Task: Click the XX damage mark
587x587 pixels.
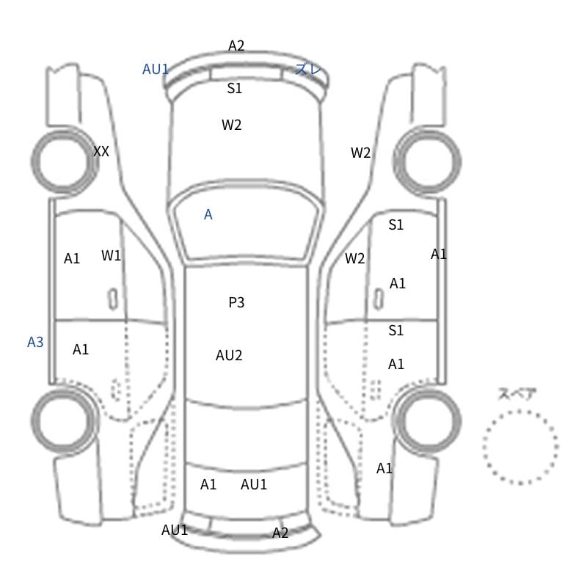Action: point(101,151)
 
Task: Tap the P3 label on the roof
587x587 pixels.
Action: point(236,302)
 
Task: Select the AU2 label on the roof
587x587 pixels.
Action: point(229,355)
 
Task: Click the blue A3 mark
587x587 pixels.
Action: point(35,342)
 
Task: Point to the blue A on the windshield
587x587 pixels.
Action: point(208,214)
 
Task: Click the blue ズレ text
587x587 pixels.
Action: point(307,69)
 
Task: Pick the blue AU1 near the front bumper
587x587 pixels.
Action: point(156,69)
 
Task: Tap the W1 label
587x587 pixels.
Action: point(112,255)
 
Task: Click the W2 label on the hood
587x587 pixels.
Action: point(231,125)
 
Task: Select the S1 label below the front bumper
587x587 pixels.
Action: point(234,88)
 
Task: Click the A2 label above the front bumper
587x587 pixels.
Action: point(236,45)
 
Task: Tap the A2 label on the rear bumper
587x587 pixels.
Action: point(280,533)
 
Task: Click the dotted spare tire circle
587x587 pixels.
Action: point(520,411)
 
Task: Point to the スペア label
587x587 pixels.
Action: point(511,394)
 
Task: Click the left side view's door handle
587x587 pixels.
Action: point(113,299)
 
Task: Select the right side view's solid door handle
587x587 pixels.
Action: point(379,299)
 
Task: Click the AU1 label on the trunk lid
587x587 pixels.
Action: point(254,484)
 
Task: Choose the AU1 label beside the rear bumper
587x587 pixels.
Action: point(175,530)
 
